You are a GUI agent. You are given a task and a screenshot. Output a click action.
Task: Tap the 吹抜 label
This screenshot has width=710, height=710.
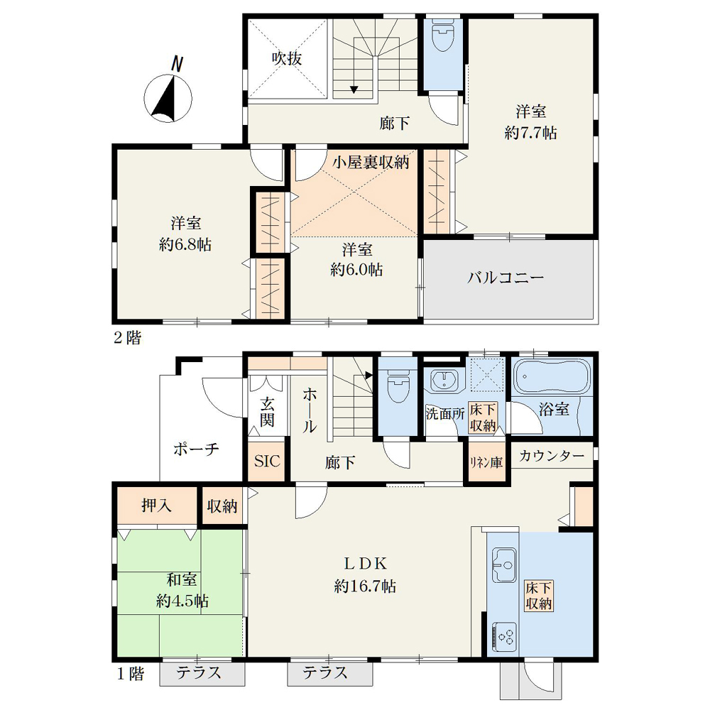(x=287, y=58)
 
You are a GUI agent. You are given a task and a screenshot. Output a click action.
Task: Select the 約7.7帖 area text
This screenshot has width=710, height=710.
(x=530, y=133)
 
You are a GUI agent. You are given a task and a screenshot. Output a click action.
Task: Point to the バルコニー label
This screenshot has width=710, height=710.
(x=506, y=277)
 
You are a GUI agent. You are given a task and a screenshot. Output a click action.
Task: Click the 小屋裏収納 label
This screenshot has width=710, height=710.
(x=371, y=162)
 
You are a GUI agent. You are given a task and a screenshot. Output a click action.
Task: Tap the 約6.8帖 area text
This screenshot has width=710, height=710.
(x=185, y=245)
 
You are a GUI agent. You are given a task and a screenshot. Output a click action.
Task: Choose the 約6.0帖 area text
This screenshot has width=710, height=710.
(x=357, y=270)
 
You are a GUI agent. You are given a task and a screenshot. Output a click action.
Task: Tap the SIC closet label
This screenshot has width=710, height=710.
(x=267, y=461)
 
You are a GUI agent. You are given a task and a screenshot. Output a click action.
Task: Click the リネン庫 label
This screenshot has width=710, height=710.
(x=486, y=463)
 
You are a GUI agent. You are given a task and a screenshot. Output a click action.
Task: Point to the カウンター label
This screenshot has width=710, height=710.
(x=552, y=455)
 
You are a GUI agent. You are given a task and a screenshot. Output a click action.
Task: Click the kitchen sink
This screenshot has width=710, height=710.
(x=504, y=565)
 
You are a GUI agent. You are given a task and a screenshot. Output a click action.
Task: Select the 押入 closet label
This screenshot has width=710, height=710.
(x=157, y=505)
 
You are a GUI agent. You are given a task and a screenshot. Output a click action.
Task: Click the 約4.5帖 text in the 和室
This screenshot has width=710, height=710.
(x=182, y=601)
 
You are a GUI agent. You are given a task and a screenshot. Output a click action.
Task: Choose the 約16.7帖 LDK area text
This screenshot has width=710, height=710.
(x=365, y=587)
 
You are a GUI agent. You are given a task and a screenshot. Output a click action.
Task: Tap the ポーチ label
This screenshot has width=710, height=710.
(x=196, y=449)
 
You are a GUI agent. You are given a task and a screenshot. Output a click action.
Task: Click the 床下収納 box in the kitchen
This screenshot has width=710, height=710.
(x=539, y=596)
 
